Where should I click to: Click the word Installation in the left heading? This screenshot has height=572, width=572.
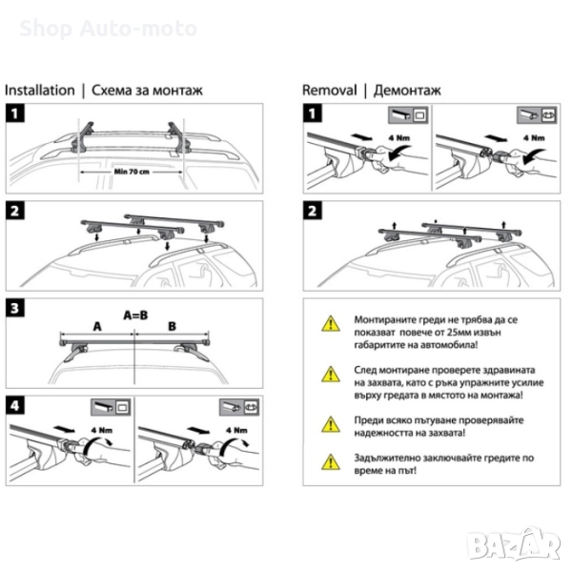click(x=40, y=91)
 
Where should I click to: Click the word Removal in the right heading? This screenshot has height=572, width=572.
click(x=329, y=91)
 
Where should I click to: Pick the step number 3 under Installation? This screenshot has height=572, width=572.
click(x=15, y=309)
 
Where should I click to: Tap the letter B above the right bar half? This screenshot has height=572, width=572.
click(x=171, y=324)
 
